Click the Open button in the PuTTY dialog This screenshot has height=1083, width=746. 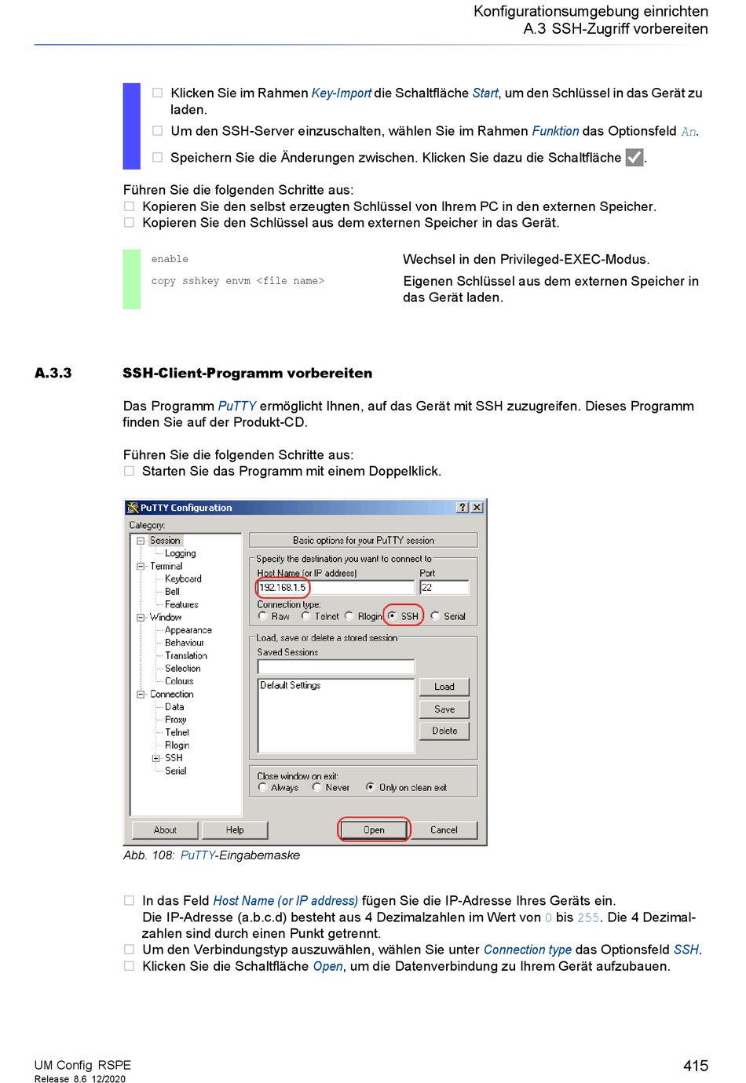[x=373, y=830]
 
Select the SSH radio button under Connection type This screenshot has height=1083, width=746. [x=392, y=615]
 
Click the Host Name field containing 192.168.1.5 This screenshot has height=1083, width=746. [x=335, y=587]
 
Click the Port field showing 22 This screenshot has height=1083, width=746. [x=444, y=587]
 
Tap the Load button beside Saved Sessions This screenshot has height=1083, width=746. [x=444, y=686]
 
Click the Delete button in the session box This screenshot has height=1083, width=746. [x=444, y=730]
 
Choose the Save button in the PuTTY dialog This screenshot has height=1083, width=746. [x=444, y=709]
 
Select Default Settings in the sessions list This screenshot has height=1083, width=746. [x=291, y=684]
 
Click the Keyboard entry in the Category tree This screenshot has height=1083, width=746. [x=183, y=578]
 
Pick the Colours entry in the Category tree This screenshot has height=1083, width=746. [x=179, y=680]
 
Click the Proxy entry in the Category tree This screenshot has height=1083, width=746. [x=175, y=719]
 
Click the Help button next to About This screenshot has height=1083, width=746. [x=235, y=830]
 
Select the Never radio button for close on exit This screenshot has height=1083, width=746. [x=317, y=786]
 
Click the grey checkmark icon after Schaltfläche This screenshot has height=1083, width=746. [x=634, y=157]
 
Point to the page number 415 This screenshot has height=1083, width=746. [x=695, y=1065]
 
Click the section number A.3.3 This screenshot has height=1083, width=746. [x=53, y=373]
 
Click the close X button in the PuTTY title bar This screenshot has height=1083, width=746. [x=477, y=507]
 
